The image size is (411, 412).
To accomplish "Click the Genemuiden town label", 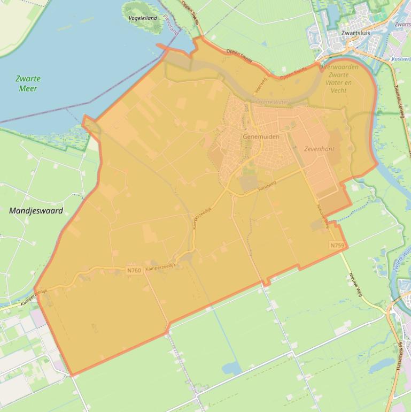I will click(x=261, y=137).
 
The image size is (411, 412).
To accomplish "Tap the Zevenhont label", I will click(x=319, y=149).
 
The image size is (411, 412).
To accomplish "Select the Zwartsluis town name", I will click(x=355, y=33).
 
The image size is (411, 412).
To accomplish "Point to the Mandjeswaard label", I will click(x=36, y=211).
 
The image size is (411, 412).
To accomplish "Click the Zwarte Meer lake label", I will click(x=28, y=83).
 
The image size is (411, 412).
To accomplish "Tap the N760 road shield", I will click(x=134, y=270).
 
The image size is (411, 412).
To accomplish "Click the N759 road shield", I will click(x=336, y=245).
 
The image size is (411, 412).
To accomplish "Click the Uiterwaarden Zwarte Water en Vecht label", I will click(x=339, y=79).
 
